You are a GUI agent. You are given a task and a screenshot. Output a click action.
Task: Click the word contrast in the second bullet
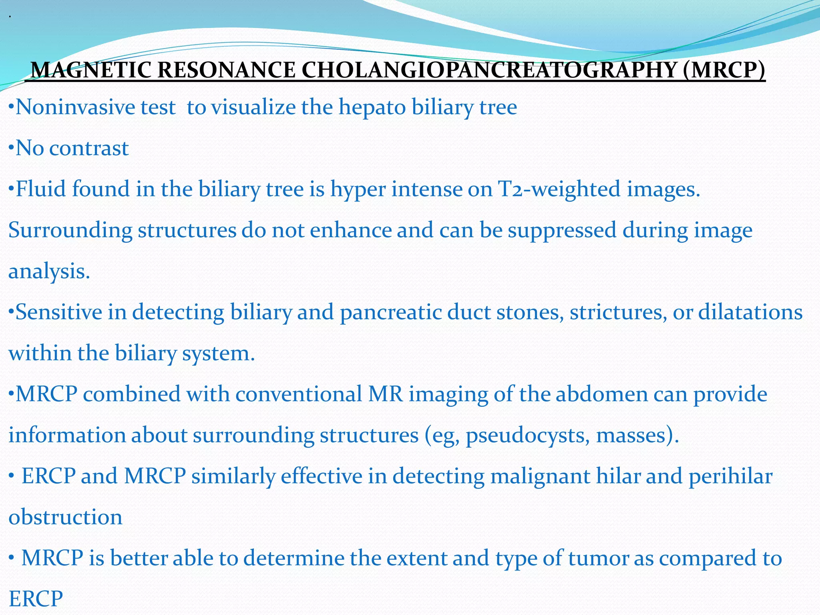coord(89,149)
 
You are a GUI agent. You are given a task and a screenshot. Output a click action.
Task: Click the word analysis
coord(49,272)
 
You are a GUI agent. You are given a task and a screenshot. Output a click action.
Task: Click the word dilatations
coord(750,312)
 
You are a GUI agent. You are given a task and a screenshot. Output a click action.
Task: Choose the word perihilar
coord(730,477)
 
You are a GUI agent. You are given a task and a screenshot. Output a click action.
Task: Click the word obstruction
coord(65,517)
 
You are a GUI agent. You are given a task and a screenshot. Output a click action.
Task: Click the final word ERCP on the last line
coord(36,599)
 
